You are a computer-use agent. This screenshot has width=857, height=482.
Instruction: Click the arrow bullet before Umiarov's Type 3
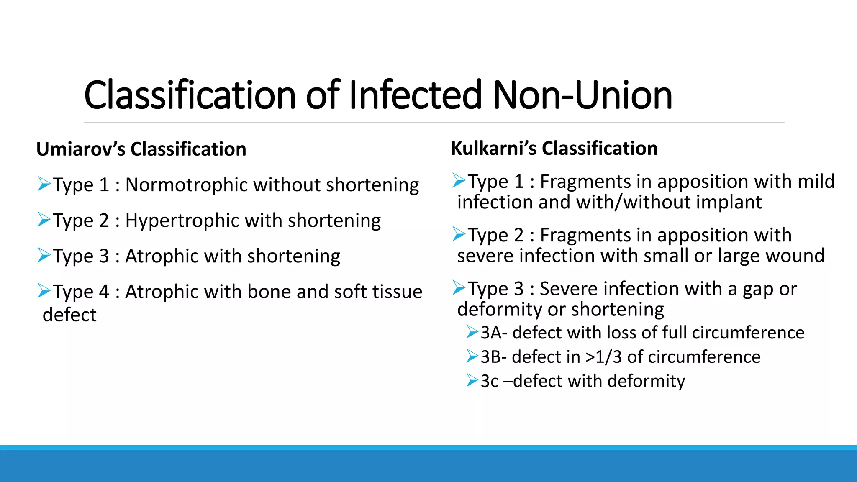[44, 255]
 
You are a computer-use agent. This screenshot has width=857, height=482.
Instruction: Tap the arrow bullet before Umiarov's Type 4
[44, 290]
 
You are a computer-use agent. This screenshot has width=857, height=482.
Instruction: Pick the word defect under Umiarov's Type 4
[69, 314]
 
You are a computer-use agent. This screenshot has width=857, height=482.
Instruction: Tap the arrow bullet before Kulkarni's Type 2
[459, 234]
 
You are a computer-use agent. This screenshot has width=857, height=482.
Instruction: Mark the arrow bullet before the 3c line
[472, 380]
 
